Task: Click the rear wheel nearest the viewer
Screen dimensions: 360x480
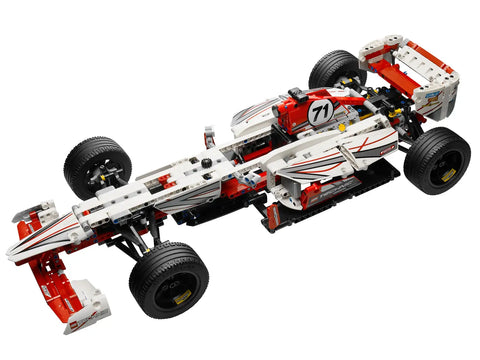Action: [x=436, y=160]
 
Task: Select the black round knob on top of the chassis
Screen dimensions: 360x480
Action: [x=207, y=163]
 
